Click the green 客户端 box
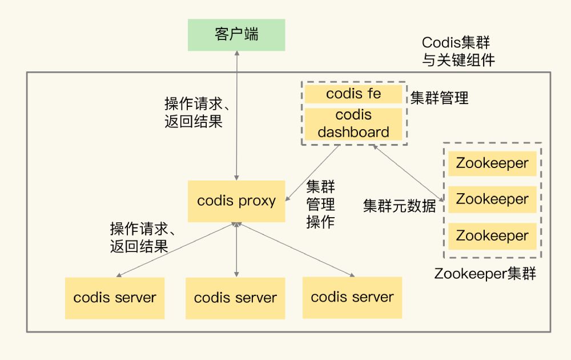coord(236,35)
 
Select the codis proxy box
coord(236,201)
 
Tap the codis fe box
coord(353,94)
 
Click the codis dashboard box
coord(353,124)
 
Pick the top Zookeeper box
coord(492,163)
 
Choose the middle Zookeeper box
coord(492,199)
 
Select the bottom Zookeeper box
coord(492,235)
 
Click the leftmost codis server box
coord(115,298)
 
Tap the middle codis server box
coord(235,298)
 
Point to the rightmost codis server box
coord(352,297)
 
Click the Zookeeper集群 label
coord(485,274)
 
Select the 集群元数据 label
coord(400,206)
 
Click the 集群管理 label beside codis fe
coord(439,98)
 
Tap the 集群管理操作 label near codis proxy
coord(320,205)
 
